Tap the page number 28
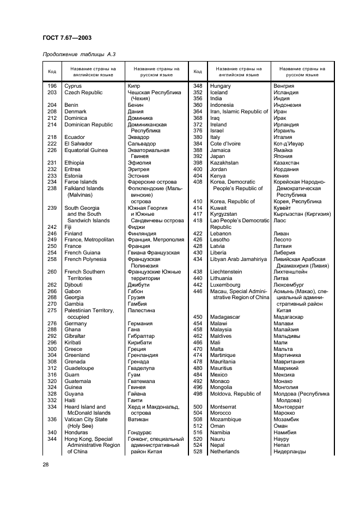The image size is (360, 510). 45,464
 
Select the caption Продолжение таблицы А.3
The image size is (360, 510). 78,53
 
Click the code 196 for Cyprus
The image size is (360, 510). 52,86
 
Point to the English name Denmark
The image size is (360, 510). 75,112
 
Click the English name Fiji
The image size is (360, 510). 68,227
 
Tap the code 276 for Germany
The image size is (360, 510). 52,324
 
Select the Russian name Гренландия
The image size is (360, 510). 143,355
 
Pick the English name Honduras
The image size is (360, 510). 77,433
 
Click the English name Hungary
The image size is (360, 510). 221,86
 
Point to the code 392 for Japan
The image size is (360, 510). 198,156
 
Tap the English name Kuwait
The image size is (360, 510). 218,208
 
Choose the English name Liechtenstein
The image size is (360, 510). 226,272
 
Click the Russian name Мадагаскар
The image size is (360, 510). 291,317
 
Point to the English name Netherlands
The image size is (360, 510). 224,452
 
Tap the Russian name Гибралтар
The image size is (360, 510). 141,336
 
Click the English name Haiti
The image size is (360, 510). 70,400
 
